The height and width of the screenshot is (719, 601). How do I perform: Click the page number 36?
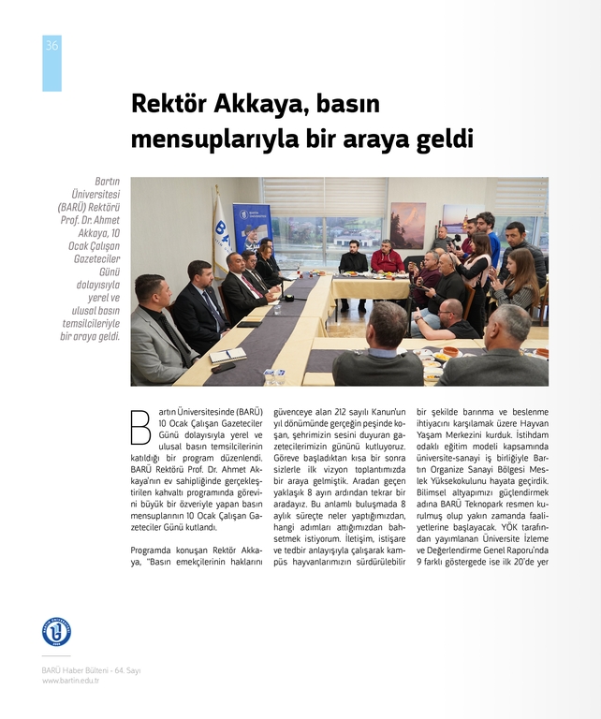pos(51,46)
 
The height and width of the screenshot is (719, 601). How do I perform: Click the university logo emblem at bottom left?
pos(56,631)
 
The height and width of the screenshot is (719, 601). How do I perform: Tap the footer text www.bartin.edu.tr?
pos(70,681)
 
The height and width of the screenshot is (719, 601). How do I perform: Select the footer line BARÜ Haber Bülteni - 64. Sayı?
pos(91,670)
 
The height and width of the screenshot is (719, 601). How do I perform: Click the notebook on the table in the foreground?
pos(227,356)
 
